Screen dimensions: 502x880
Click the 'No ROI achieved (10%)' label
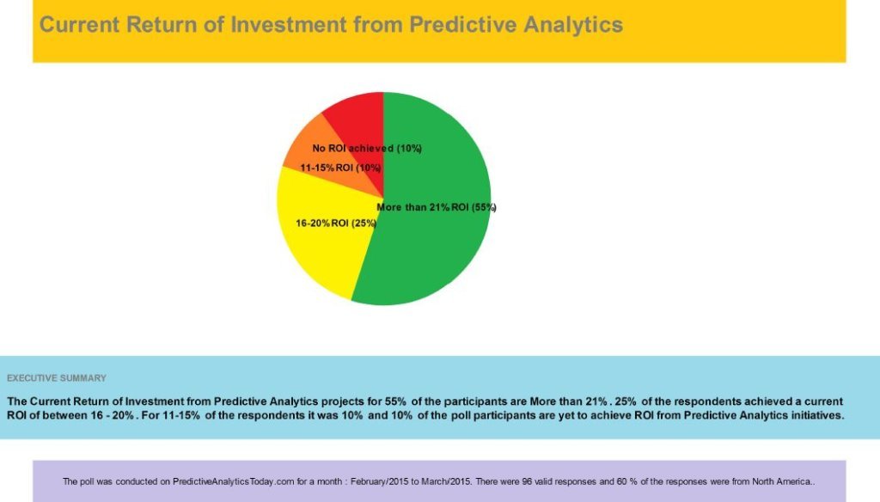(x=367, y=149)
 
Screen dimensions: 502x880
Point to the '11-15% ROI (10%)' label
(x=340, y=168)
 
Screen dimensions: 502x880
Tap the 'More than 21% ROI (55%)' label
(x=437, y=207)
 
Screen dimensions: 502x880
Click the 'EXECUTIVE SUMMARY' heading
(x=57, y=378)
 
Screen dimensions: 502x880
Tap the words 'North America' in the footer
(x=781, y=481)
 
